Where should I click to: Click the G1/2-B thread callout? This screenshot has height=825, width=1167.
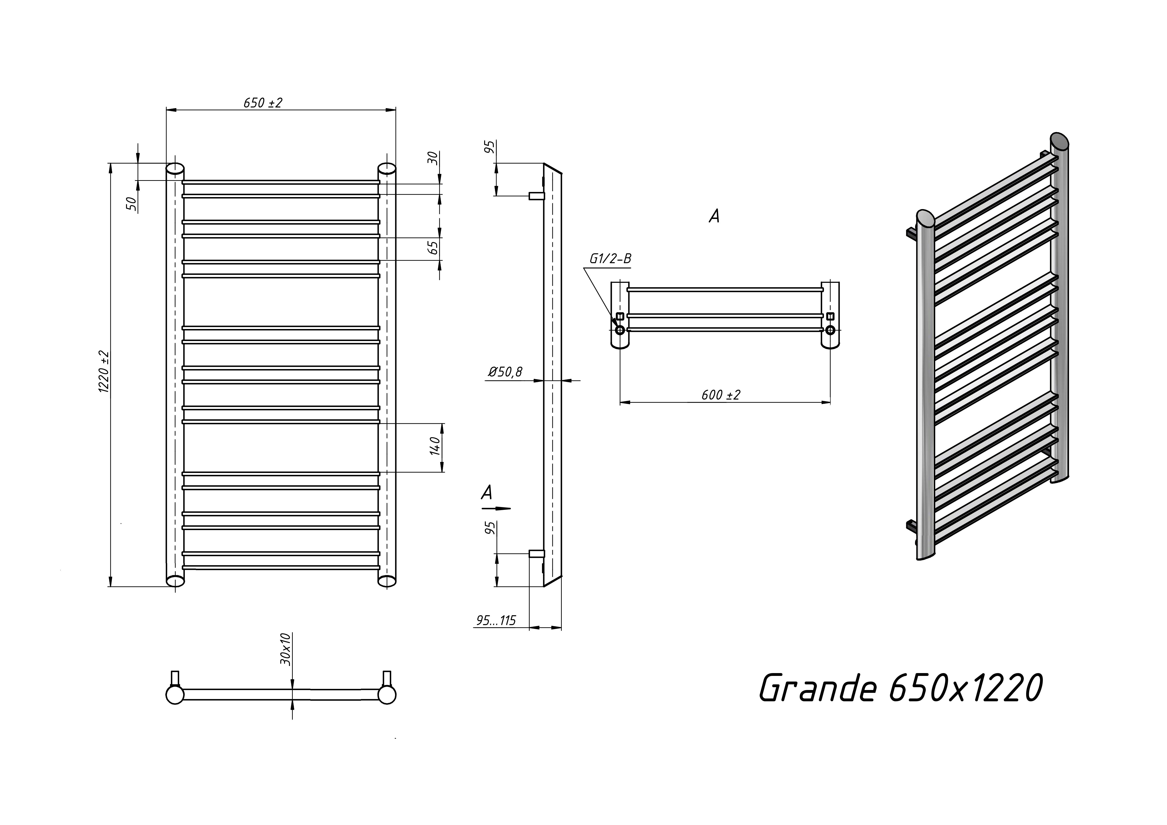tap(610, 259)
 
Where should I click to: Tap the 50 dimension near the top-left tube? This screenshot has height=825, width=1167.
tap(132, 203)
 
